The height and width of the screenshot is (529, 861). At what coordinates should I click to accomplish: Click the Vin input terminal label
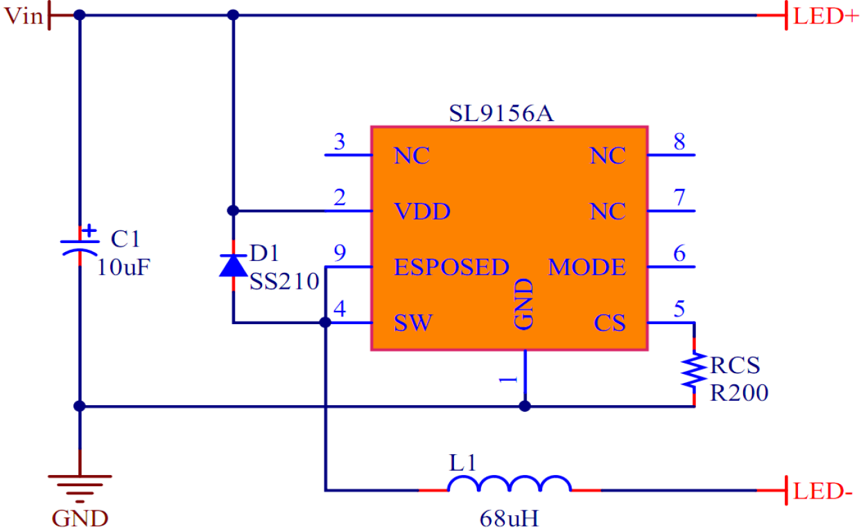click(x=24, y=16)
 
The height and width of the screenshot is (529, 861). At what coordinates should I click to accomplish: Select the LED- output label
click(x=824, y=493)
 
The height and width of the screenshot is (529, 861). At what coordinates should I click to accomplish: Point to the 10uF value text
click(x=123, y=267)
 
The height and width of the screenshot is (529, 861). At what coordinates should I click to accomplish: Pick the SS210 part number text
click(x=284, y=282)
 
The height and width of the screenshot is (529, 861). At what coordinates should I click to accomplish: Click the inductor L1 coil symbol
click(x=510, y=485)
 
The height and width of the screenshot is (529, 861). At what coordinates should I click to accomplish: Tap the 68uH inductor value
click(x=508, y=517)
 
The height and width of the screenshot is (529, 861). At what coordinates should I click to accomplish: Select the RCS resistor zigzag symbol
click(x=693, y=371)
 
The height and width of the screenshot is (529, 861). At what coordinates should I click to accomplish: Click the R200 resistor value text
click(x=739, y=393)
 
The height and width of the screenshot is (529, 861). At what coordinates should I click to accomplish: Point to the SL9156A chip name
click(x=501, y=114)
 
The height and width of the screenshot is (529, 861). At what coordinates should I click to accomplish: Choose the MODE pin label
click(x=586, y=267)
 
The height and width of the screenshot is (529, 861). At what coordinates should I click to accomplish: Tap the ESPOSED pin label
click(x=451, y=267)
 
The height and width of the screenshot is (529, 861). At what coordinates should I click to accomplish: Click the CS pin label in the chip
click(x=609, y=323)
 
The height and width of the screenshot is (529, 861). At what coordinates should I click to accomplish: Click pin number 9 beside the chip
click(x=339, y=254)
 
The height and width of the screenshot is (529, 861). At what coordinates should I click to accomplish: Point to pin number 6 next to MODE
click(x=679, y=254)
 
